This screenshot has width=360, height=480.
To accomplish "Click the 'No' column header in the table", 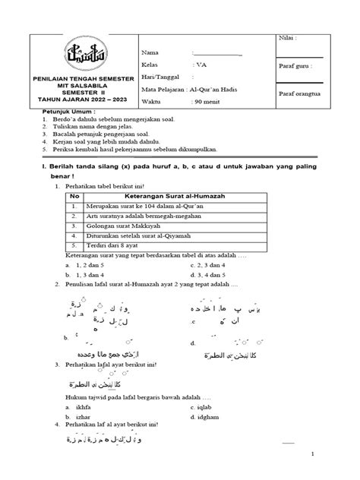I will [74, 195].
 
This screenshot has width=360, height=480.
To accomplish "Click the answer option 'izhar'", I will [84, 417].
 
